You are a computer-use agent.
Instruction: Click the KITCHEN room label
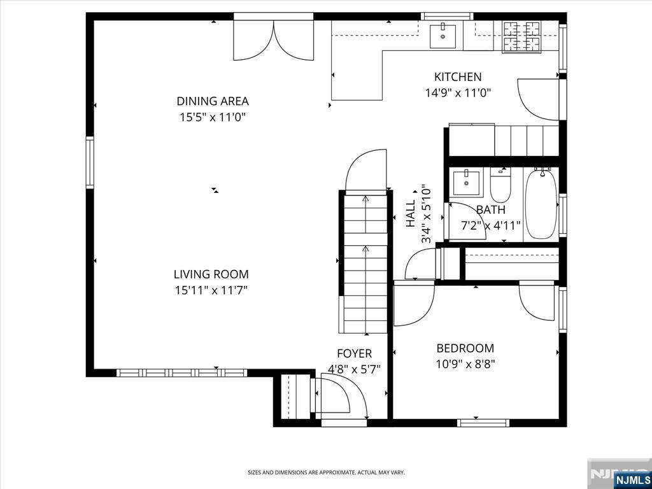458,77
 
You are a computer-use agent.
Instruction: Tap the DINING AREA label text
213,101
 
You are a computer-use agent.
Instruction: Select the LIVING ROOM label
211,274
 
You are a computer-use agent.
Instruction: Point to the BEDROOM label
465,348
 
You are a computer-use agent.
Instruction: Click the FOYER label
354,353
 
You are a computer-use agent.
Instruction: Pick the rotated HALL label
411,214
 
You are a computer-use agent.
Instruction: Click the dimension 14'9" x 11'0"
458,93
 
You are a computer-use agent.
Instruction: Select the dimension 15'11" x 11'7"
211,290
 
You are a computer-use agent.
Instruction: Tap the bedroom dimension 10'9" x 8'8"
465,364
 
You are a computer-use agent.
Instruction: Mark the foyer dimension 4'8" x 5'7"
354,369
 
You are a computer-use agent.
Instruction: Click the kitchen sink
443,36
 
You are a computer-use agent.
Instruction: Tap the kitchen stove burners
522,36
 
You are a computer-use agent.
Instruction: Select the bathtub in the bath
541,203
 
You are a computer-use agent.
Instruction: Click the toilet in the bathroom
500,185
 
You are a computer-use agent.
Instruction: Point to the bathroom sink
466,182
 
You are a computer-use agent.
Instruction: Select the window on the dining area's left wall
90,162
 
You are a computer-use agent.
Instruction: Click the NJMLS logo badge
632,479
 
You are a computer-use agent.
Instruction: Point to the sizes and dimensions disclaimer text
326,473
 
